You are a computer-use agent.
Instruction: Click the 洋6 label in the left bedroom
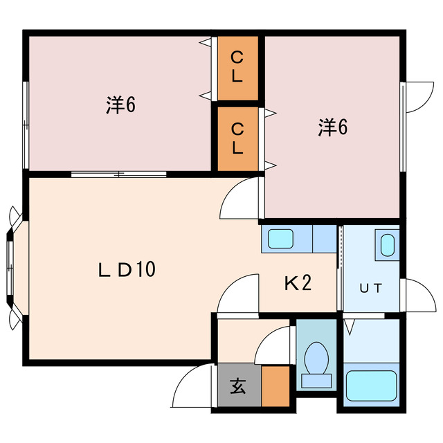[120, 105]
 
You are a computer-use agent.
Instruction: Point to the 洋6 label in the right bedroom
[332, 127]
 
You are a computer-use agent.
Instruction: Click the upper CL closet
[237, 66]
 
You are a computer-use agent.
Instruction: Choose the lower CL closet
[237, 138]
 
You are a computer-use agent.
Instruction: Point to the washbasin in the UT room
[388, 245]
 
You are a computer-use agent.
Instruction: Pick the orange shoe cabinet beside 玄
[275, 386]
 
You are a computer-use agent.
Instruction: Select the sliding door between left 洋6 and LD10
[119, 174]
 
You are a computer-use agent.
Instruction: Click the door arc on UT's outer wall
[417, 296]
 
